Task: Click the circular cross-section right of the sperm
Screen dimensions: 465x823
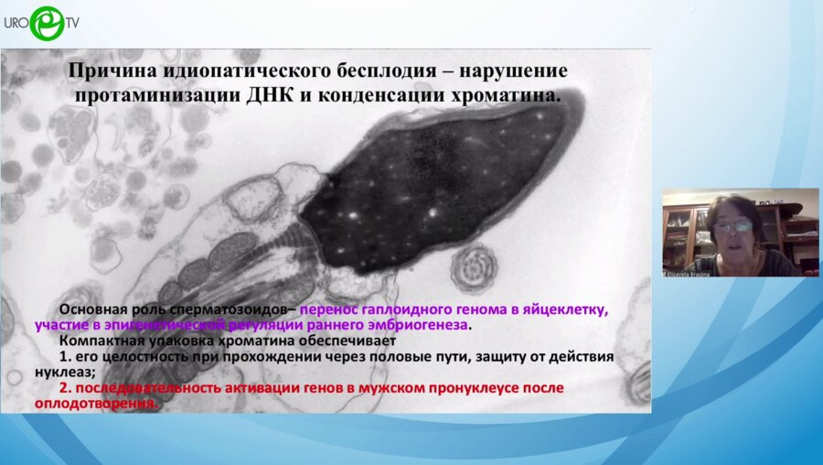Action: coord(474,267)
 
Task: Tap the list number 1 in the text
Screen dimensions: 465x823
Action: coord(63,356)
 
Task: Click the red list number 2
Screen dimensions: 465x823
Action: coord(63,387)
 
